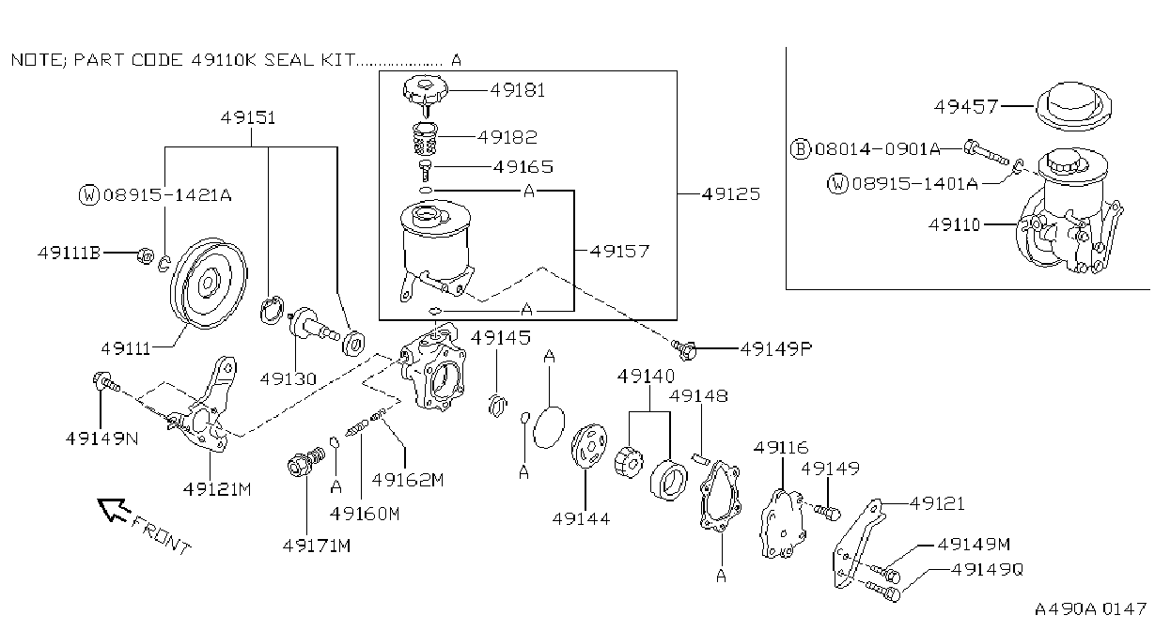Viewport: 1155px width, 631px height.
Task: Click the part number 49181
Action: click(x=518, y=91)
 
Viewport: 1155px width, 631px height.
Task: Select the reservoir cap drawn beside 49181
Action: click(x=426, y=93)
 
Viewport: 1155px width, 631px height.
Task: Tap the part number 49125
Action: click(x=731, y=194)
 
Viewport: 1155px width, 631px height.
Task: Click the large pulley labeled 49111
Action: click(x=209, y=283)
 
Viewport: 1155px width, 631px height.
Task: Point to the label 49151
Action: click(x=248, y=118)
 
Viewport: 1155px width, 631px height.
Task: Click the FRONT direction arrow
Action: click(x=115, y=510)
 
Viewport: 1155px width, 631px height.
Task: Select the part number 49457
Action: click(x=966, y=107)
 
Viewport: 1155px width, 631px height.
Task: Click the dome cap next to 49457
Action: click(x=1073, y=106)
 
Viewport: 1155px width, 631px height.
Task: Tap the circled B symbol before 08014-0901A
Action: click(x=801, y=149)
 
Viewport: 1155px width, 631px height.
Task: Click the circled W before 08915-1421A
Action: click(x=88, y=195)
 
